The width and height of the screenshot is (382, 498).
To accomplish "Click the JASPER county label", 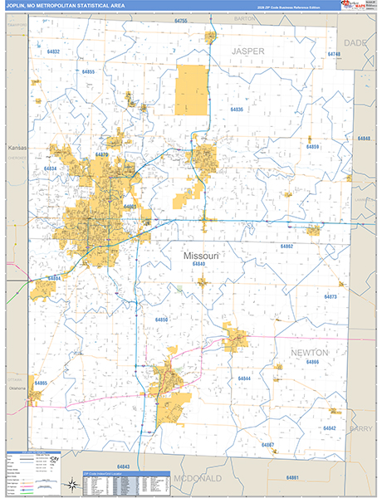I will (247, 51).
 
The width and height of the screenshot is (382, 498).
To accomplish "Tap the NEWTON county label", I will (308, 352).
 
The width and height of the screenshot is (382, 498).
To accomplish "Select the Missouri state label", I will (200, 256).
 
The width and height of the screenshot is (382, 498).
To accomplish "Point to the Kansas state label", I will (17, 148).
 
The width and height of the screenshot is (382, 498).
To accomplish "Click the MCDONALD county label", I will (198, 479).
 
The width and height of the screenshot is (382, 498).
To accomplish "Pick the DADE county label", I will (355, 41).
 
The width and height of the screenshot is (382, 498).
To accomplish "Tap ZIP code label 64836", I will (237, 110).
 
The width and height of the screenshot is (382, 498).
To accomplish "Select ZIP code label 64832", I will (54, 51).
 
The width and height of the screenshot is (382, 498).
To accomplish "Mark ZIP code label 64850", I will (162, 320).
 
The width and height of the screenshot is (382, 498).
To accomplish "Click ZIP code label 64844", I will (244, 378).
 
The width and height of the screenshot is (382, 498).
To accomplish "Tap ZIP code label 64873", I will (331, 296).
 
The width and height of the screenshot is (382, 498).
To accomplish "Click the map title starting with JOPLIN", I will (67, 6).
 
